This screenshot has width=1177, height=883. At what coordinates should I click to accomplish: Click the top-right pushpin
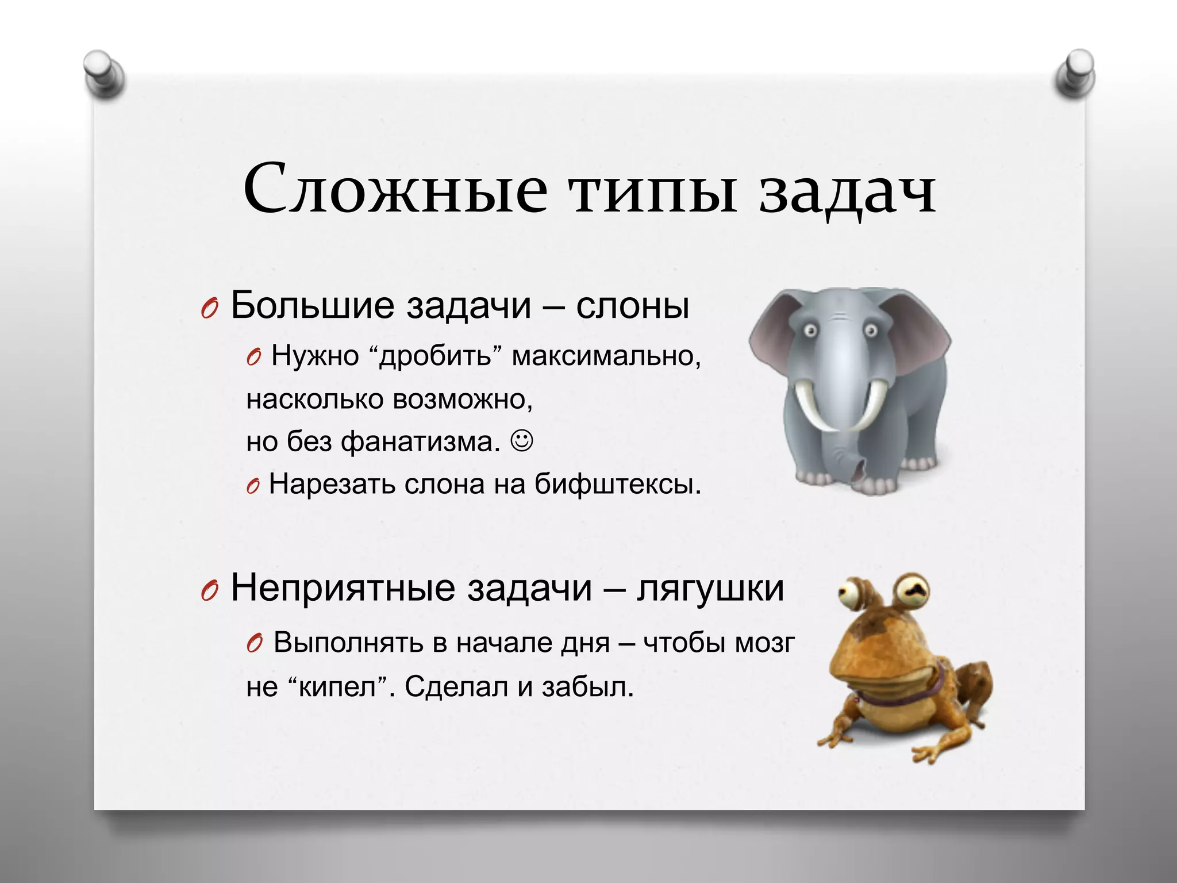click(1075, 75)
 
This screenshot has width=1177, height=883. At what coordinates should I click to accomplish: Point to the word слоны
click(632, 306)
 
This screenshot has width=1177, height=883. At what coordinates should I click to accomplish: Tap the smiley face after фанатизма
click(522, 441)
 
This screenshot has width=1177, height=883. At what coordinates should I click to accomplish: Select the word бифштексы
click(618, 484)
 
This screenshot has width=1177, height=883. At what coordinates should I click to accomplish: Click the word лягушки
click(710, 588)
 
